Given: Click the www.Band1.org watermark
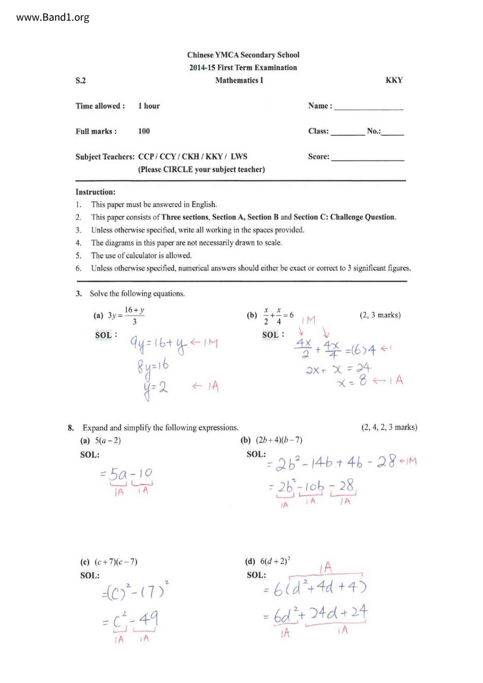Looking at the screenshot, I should (x=53, y=18).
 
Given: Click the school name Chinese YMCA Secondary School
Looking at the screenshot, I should (x=243, y=55).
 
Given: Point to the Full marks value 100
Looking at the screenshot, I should (x=144, y=131).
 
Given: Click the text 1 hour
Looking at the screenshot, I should (x=149, y=106).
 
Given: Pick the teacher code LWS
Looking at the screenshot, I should (x=239, y=157).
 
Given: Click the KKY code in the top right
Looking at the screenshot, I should (x=394, y=80).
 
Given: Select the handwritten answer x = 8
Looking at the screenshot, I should (x=352, y=381).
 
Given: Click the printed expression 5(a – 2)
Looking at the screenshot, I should (x=108, y=440).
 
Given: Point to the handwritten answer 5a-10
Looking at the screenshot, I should (x=126, y=474).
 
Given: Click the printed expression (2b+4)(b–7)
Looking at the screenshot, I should (x=279, y=440).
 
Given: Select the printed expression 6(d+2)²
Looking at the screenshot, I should (x=275, y=561).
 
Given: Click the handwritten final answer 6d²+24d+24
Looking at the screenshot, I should (x=315, y=614).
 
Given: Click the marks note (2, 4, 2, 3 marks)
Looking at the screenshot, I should (x=389, y=427).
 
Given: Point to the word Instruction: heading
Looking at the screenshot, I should (x=95, y=192).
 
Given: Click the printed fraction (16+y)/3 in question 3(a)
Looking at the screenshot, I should (x=134, y=315).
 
